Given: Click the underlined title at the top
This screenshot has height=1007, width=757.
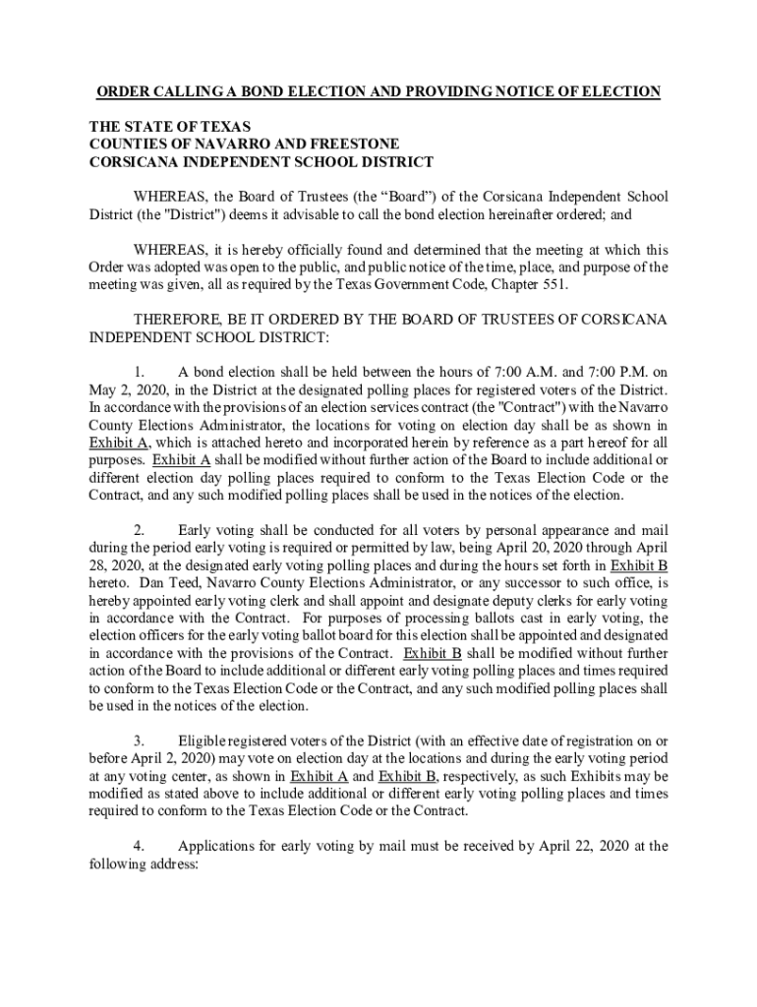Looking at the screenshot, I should coord(378,92).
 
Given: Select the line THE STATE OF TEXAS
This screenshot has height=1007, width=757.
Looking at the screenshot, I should coord(170,127).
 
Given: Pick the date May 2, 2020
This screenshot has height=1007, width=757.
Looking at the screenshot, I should coord(126,389).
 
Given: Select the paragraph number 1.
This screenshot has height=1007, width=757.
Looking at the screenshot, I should coord(140,372).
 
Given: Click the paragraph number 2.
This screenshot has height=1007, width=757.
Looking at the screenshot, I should coord(140,530).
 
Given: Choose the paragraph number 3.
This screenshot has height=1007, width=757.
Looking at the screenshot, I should coord(140,740).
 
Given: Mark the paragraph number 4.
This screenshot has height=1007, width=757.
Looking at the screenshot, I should coord(140,845).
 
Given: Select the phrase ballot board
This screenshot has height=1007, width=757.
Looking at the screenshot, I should coord(289,636).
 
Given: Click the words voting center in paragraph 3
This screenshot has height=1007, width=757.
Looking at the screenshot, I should coord(149,776).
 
